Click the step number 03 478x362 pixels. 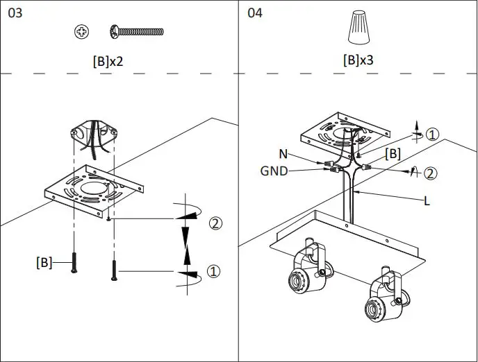tap(15, 13)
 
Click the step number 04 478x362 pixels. tap(255, 13)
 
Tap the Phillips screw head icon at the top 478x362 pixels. tap(81, 31)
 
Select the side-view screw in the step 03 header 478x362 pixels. tap(136, 31)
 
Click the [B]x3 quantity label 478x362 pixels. tap(358, 60)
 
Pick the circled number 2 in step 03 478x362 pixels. tap(215, 223)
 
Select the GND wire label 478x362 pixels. tap(274, 171)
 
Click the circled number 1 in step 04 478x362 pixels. tap(432, 135)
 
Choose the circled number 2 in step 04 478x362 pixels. tap(431, 173)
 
